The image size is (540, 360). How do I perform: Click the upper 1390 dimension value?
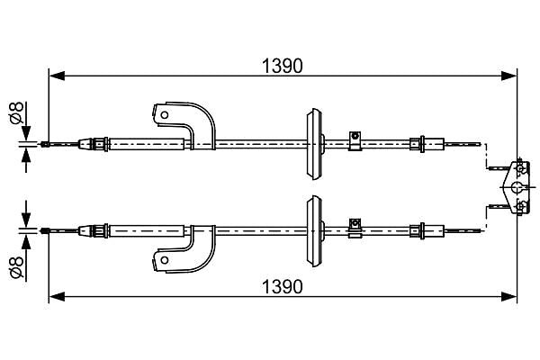click(282, 66)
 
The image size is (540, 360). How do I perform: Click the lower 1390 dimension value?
click(282, 286)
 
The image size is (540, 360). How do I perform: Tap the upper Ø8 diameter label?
click(16, 112)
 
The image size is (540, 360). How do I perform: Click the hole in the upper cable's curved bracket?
click(165, 114)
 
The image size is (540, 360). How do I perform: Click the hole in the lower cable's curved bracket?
click(165, 260)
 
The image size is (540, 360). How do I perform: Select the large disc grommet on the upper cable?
click(314, 144)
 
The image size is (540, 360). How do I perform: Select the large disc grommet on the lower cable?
click(314, 230)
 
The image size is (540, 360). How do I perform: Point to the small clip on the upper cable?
click(355, 140)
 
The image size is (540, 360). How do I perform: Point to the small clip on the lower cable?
click(355, 228)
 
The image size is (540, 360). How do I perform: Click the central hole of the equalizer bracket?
click(517, 187)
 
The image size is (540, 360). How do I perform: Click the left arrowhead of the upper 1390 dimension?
click(57, 76)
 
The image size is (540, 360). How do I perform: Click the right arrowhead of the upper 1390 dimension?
click(509, 76)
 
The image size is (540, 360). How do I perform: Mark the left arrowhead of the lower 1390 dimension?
click(57, 296)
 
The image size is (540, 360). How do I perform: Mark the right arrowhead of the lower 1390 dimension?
click(509, 296)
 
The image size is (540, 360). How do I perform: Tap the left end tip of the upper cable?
click(41, 144)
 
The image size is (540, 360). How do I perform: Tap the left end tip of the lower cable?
click(41, 230)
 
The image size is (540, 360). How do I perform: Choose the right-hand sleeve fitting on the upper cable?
click(427, 144)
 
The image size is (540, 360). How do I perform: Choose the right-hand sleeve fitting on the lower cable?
click(427, 230)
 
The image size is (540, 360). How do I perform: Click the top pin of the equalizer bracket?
click(519, 168)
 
